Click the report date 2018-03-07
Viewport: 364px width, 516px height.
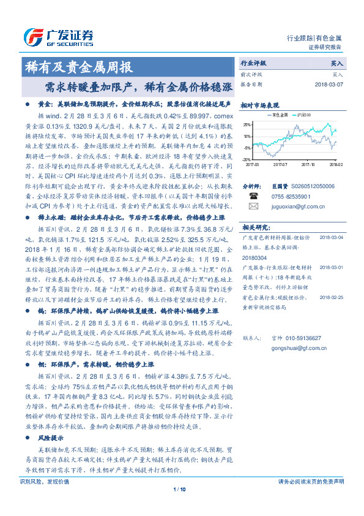329,84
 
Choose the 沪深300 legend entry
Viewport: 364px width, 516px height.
303,114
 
